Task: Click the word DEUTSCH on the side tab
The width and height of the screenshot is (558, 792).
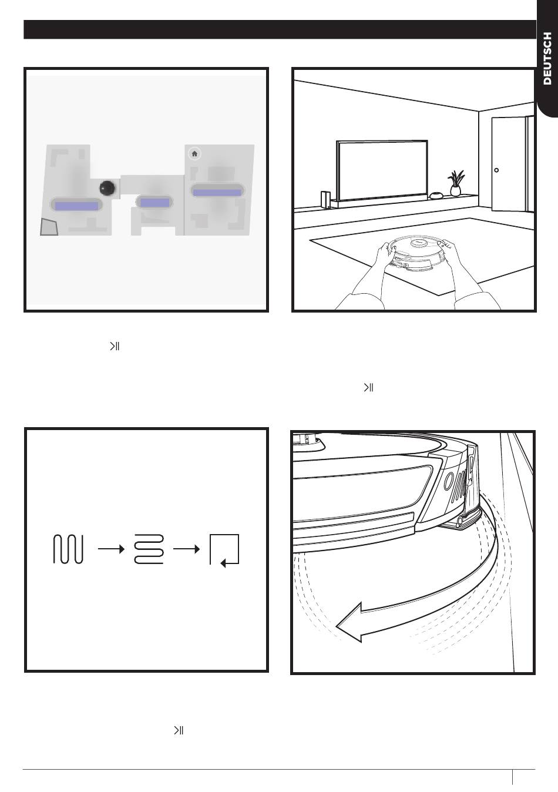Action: [547, 58]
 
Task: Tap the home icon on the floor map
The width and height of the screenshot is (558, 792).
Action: [194, 154]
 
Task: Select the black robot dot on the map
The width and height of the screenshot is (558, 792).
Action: [107, 188]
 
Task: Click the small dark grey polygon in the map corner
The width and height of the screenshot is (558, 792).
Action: [49, 227]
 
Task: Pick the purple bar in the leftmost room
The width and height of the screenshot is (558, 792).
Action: [76, 206]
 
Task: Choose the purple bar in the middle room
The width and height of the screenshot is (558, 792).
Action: [155, 203]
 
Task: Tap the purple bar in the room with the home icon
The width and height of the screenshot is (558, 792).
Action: [217, 192]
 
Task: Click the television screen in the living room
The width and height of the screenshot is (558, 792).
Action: [382, 171]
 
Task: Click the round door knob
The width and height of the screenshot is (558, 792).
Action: [496, 170]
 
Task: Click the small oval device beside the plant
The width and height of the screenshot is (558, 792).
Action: [436, 195]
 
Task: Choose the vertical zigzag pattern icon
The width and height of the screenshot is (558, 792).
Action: [68, 549]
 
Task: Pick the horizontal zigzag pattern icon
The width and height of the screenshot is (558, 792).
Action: [149, 549]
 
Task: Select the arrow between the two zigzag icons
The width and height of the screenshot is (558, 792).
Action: [112, 549]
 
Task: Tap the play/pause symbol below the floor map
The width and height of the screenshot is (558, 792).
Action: [115, 346]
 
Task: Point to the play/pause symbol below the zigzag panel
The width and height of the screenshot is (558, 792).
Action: [179, 730]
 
